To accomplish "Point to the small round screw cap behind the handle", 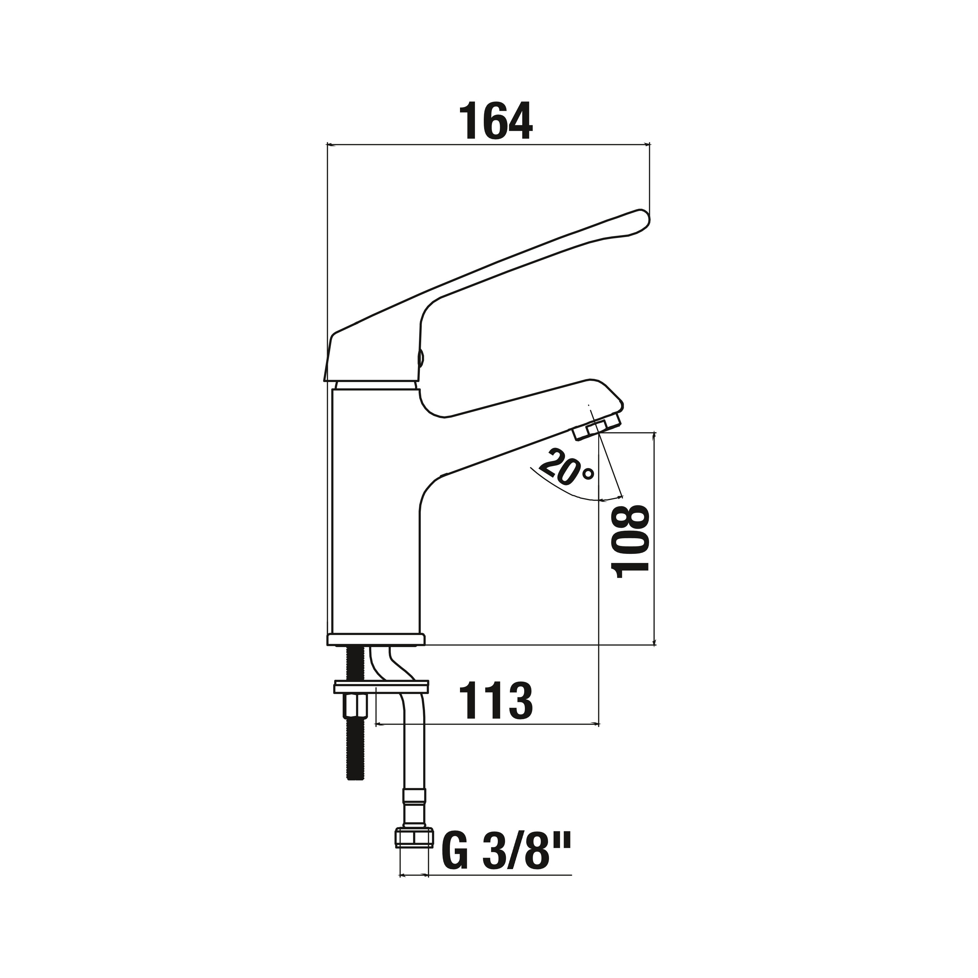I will (421, 358).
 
